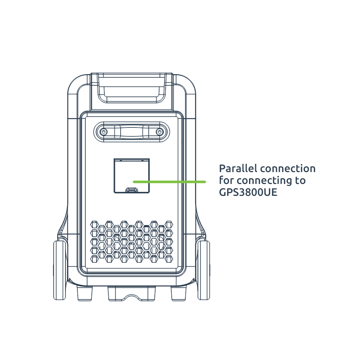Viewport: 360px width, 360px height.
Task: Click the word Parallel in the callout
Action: [238, 168]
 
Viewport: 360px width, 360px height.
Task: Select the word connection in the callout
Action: [288, 169]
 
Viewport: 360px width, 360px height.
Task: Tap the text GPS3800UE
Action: [248, 192]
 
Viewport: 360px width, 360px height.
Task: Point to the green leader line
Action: [170, 182]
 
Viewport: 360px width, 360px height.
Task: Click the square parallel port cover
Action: [132, 176]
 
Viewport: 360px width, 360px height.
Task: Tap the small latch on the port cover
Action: [131, 190]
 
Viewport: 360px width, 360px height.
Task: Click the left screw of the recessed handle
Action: [104, 132]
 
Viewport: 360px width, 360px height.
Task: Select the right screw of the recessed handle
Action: [159, 132]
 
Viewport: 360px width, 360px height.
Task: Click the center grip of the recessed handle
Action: [131, 132]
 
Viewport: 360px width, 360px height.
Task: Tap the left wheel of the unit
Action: [60, 270]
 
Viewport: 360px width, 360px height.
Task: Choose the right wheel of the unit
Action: [203, 270]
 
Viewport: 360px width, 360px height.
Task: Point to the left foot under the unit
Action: [85, 293]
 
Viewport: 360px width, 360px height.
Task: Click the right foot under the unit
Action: [179, 293]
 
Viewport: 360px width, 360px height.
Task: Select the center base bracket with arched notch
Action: [132, 294]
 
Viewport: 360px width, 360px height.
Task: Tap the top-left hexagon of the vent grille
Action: [94, 224]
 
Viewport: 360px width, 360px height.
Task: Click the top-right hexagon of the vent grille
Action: [169, 224]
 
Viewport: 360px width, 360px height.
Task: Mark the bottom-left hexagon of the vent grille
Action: [94, 259]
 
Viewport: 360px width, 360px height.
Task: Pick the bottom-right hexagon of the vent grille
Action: [169, 259]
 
